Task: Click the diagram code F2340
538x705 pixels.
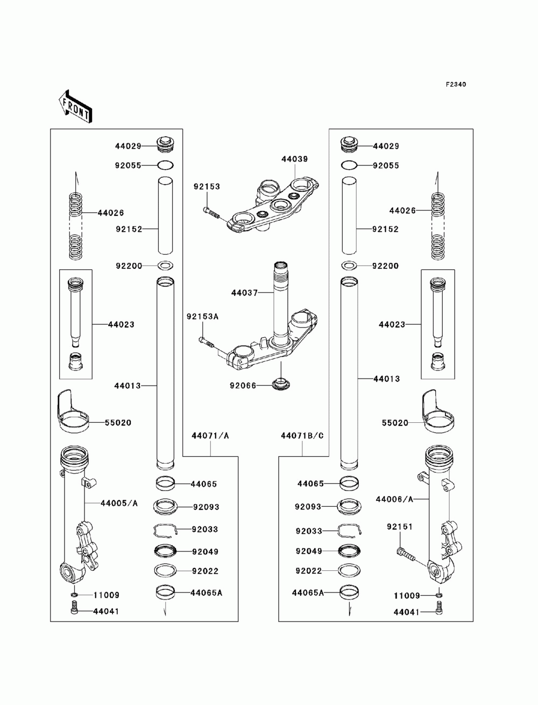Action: tap(455, 85)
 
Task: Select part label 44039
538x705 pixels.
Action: tap(294, 159)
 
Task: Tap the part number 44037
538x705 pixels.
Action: tap(244, 293)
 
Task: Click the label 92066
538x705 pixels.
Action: tap(243, 386)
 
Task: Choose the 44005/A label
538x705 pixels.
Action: tap(119, 503)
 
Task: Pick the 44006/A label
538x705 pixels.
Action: tap(395, 499)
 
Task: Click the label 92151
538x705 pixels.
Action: tap(399, 526)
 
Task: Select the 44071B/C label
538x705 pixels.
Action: tap(302, 435)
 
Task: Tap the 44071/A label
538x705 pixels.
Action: tap(210, 435)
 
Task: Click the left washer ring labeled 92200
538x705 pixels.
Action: tap(166, 266)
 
